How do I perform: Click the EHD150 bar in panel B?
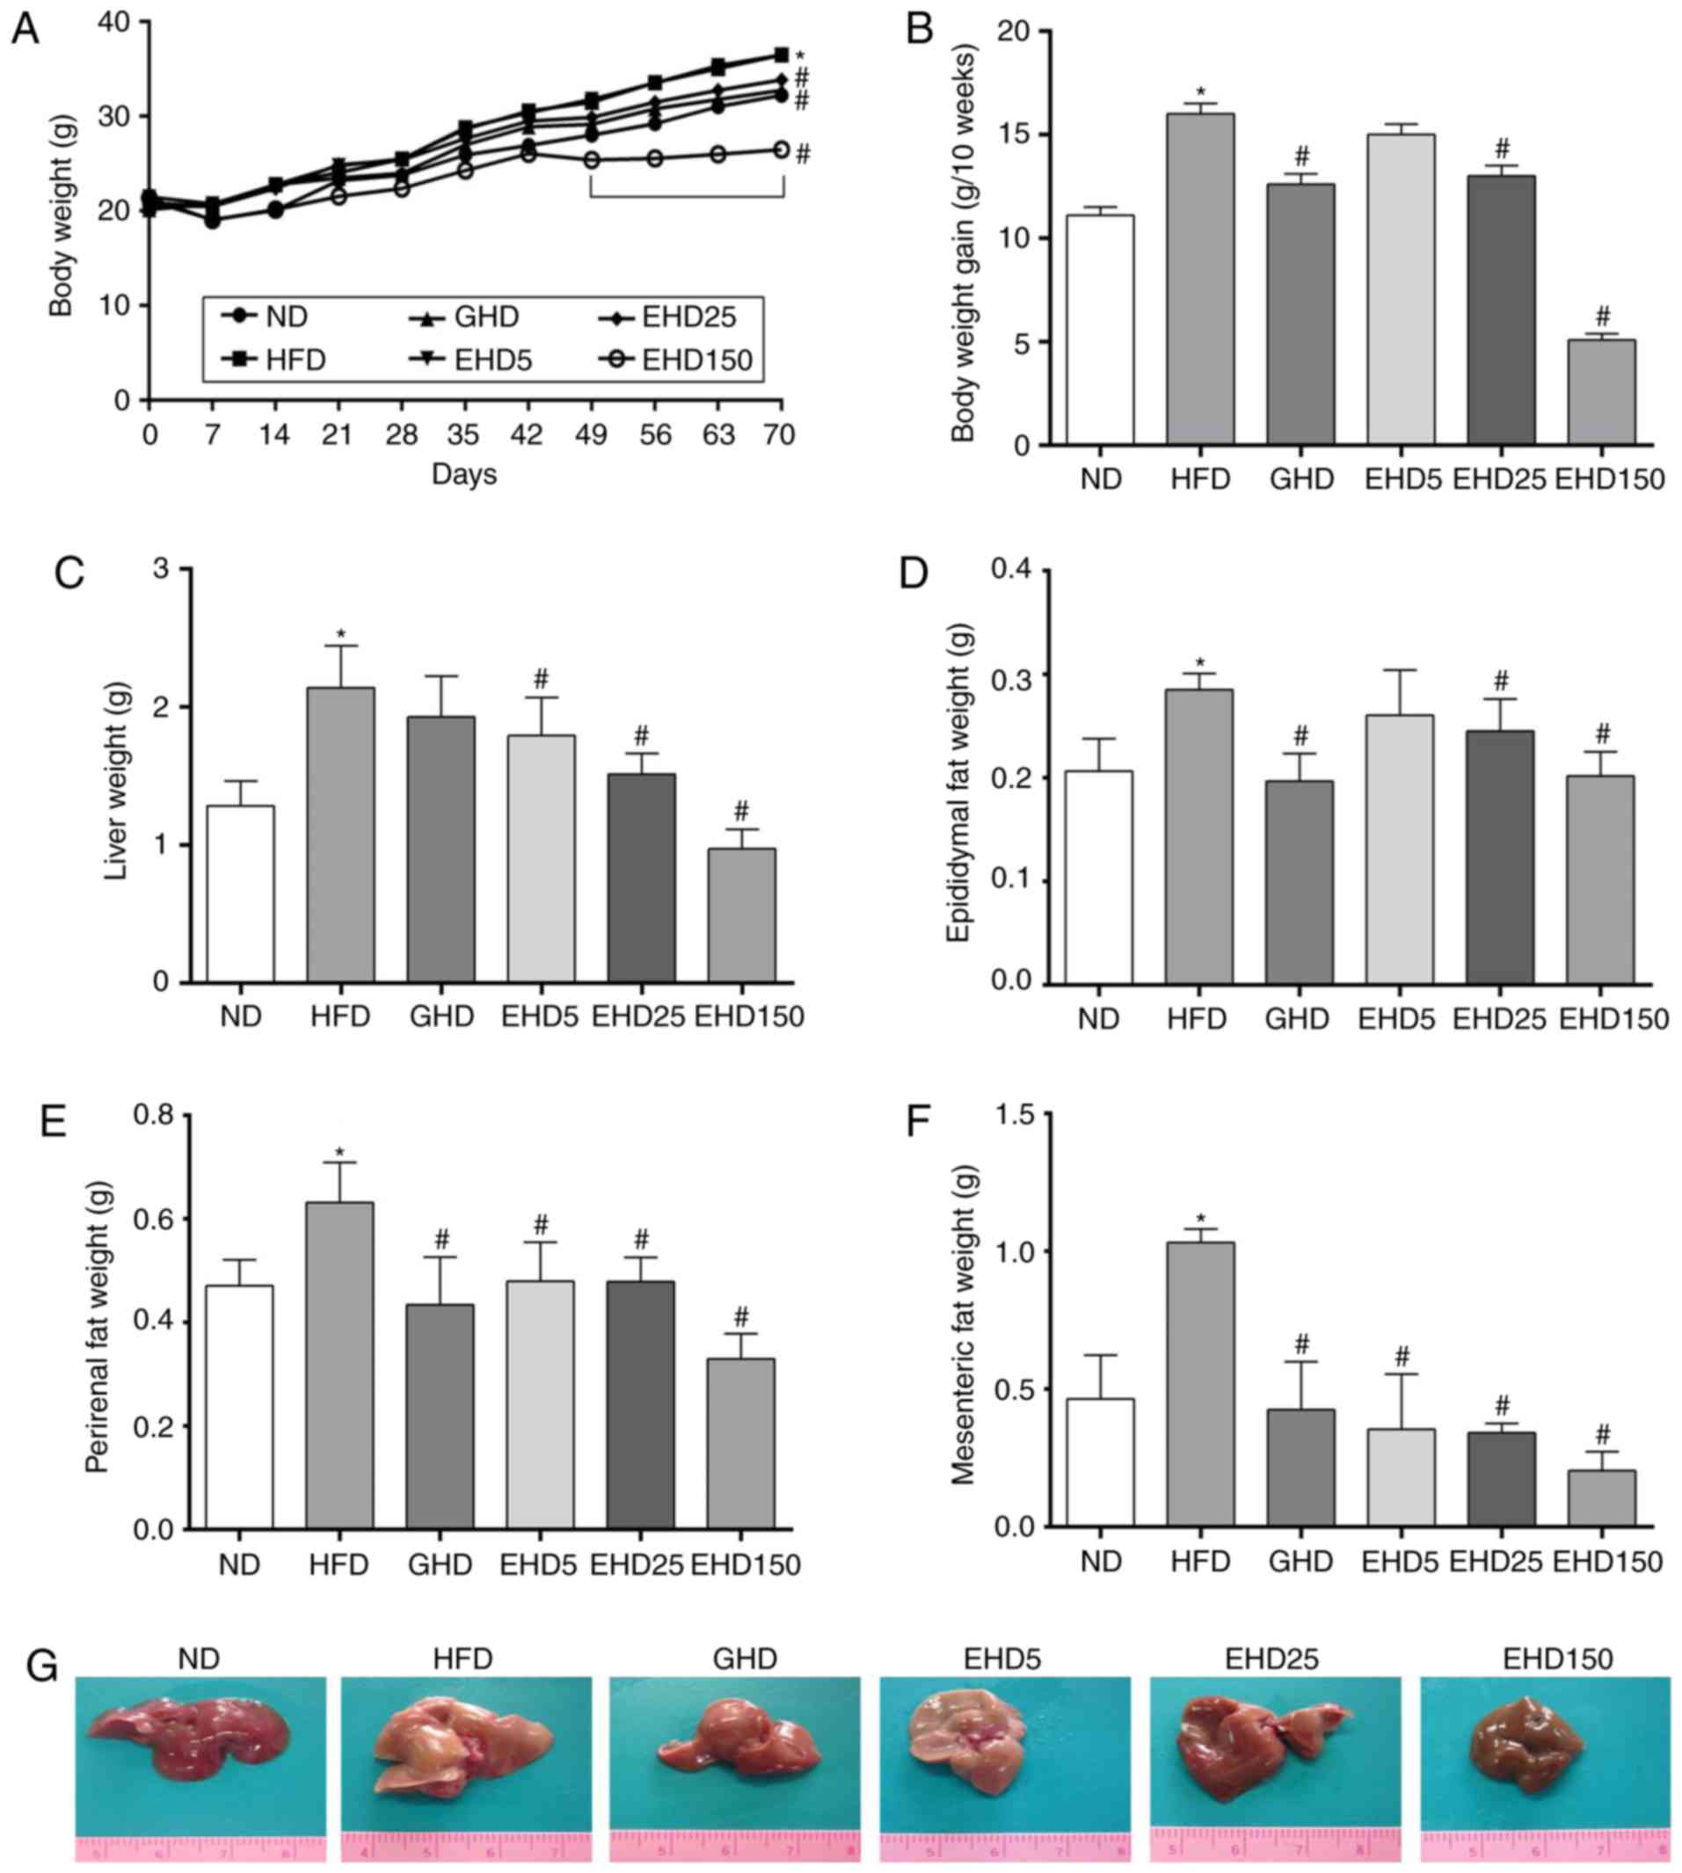point(1602,392)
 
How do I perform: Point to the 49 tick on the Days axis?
point(592,434)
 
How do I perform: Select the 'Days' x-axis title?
point(464,475)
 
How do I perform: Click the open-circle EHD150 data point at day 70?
point(781,149)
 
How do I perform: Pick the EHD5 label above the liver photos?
point(1001,1658)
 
